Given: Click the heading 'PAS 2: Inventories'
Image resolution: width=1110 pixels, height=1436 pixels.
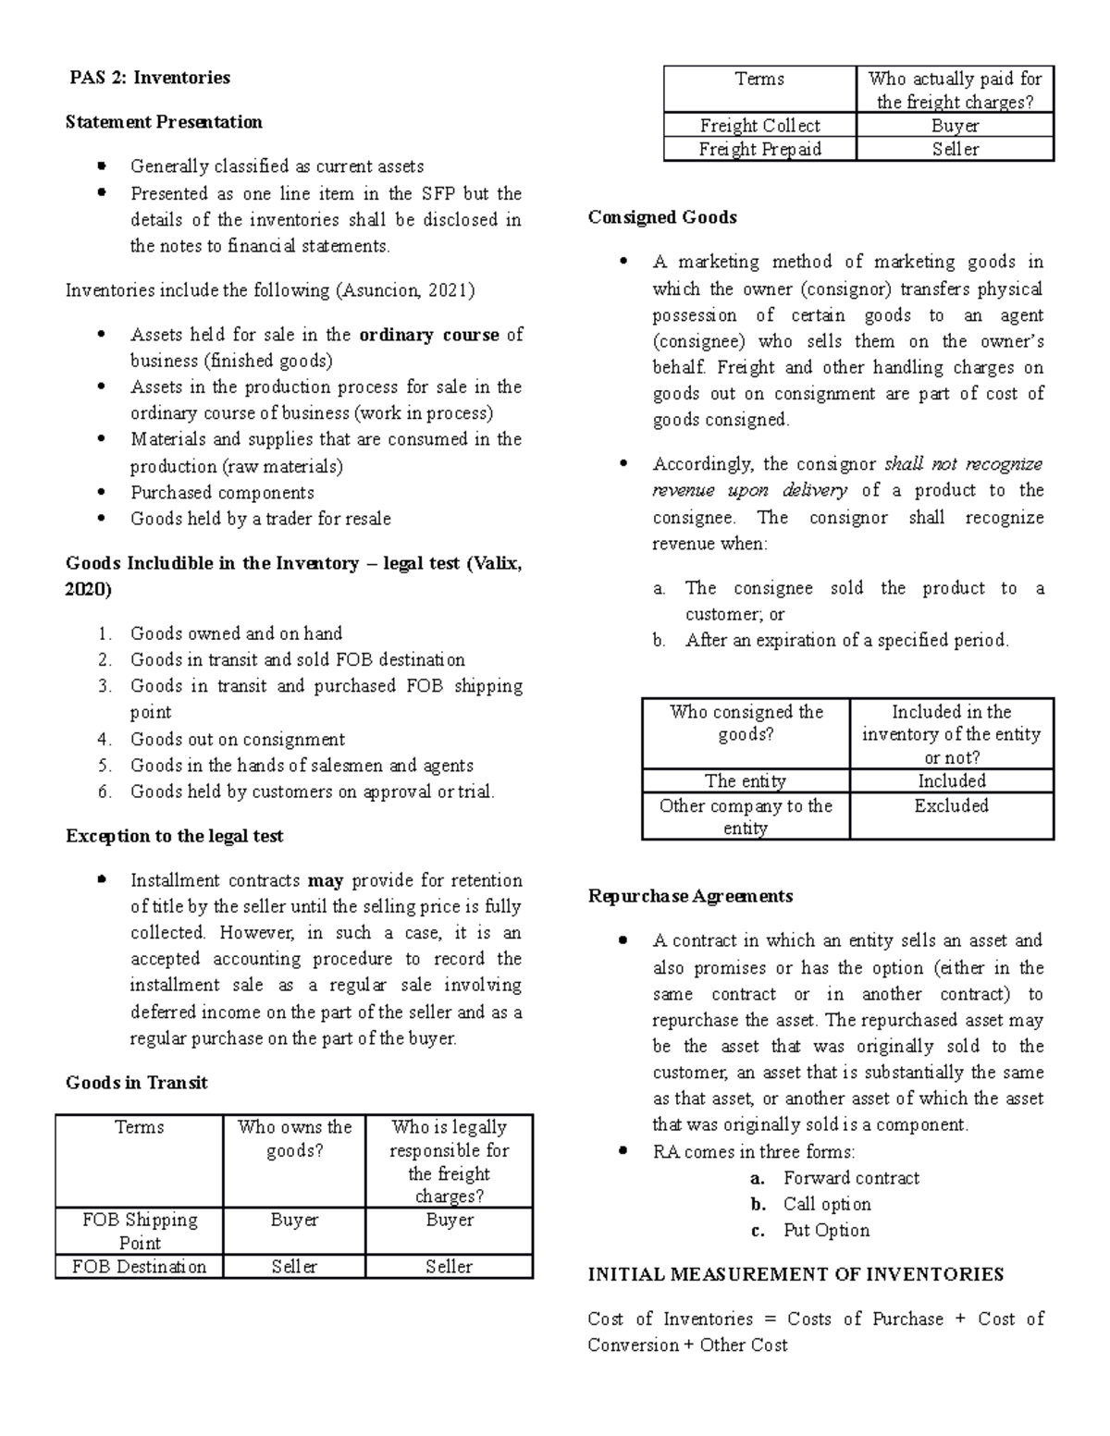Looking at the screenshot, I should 150,78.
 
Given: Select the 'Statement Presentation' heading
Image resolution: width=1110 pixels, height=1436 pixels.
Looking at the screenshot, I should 164,122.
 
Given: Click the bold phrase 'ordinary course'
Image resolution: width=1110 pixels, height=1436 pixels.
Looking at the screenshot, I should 428,335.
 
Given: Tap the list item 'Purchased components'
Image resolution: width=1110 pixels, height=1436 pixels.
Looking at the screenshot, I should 222,493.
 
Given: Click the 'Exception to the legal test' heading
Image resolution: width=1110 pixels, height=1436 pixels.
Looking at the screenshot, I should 174,836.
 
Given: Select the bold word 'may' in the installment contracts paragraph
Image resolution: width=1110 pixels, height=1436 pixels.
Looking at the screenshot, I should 325,880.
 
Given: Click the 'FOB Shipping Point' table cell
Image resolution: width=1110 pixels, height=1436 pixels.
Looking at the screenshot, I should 140,1231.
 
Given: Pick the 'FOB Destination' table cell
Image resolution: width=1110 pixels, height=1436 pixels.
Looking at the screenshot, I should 140,1267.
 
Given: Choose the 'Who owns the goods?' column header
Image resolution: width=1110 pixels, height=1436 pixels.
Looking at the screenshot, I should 294,1138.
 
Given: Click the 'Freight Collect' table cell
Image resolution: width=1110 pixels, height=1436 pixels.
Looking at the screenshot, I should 759,126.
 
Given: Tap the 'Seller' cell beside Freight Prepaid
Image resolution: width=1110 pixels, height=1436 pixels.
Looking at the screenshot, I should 955,149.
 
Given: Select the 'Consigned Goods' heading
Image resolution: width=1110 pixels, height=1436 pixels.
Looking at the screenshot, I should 662,217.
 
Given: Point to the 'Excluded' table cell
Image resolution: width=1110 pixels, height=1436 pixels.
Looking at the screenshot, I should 951,805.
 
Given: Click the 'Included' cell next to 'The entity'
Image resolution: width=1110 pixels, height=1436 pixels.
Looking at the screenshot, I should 951,780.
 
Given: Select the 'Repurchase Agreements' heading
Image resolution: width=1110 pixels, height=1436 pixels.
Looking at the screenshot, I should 690,896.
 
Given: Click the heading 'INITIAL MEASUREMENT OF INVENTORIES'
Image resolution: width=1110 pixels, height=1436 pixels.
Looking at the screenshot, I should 795,1274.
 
